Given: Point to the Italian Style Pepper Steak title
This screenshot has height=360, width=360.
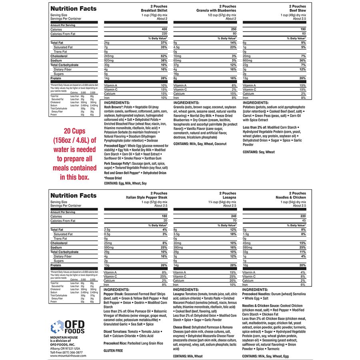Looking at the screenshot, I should pyautogui.click(x=146, y=198).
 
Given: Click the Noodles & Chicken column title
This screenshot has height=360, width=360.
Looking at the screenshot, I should pyautogui.click(x=291, y=198).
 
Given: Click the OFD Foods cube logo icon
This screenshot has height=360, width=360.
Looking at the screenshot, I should pyautogui.click(x=58, y=327).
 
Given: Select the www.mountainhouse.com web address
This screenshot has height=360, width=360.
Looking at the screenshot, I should pyautogui.click(x=68, y=355).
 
